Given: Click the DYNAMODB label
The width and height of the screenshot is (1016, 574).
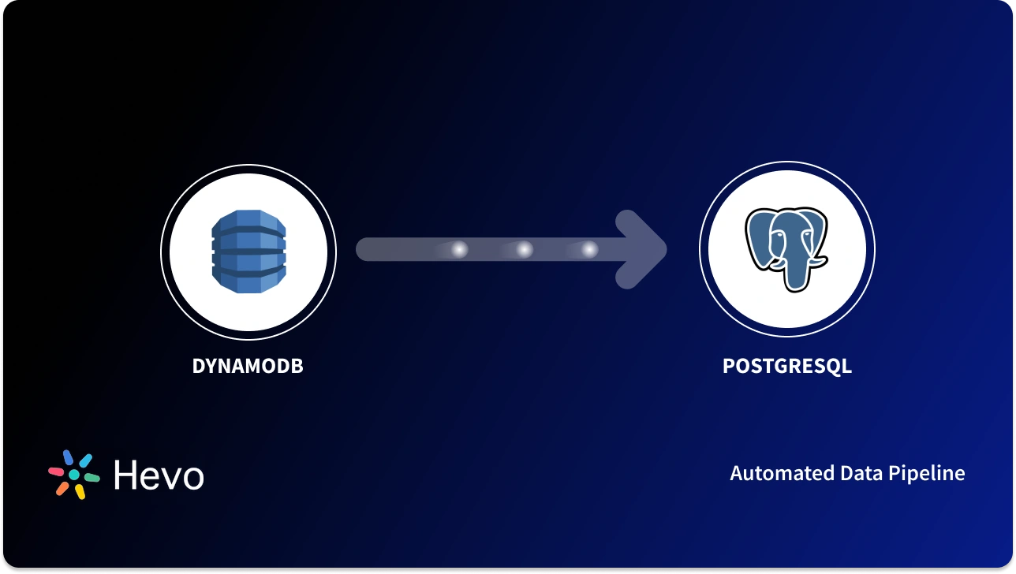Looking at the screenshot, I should point(248,367).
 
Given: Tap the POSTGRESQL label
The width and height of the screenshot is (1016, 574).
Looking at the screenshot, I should point(786,367).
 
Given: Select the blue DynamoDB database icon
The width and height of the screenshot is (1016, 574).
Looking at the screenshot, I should point(248,252).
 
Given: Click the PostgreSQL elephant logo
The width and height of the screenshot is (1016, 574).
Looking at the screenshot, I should point(786,248).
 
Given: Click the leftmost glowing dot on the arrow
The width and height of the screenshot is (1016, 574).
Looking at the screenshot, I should point(458,250).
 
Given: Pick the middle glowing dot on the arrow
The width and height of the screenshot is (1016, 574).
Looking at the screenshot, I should point(524,250).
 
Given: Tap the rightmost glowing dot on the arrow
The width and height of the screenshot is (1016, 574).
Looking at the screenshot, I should point(589,250).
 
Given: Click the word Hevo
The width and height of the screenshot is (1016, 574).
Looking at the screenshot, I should point(159,475).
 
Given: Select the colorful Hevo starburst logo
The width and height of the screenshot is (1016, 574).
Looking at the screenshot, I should point(74,475).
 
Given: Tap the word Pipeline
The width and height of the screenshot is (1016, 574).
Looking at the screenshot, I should point(927,473).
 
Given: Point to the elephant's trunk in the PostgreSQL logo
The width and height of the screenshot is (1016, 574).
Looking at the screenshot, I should point(791,272).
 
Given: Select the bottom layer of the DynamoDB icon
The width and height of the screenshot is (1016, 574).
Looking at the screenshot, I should point(248,281).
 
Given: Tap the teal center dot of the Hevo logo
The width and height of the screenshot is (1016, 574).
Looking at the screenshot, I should point(74,475).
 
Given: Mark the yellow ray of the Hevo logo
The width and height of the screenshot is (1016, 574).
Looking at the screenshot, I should point(80,491).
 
